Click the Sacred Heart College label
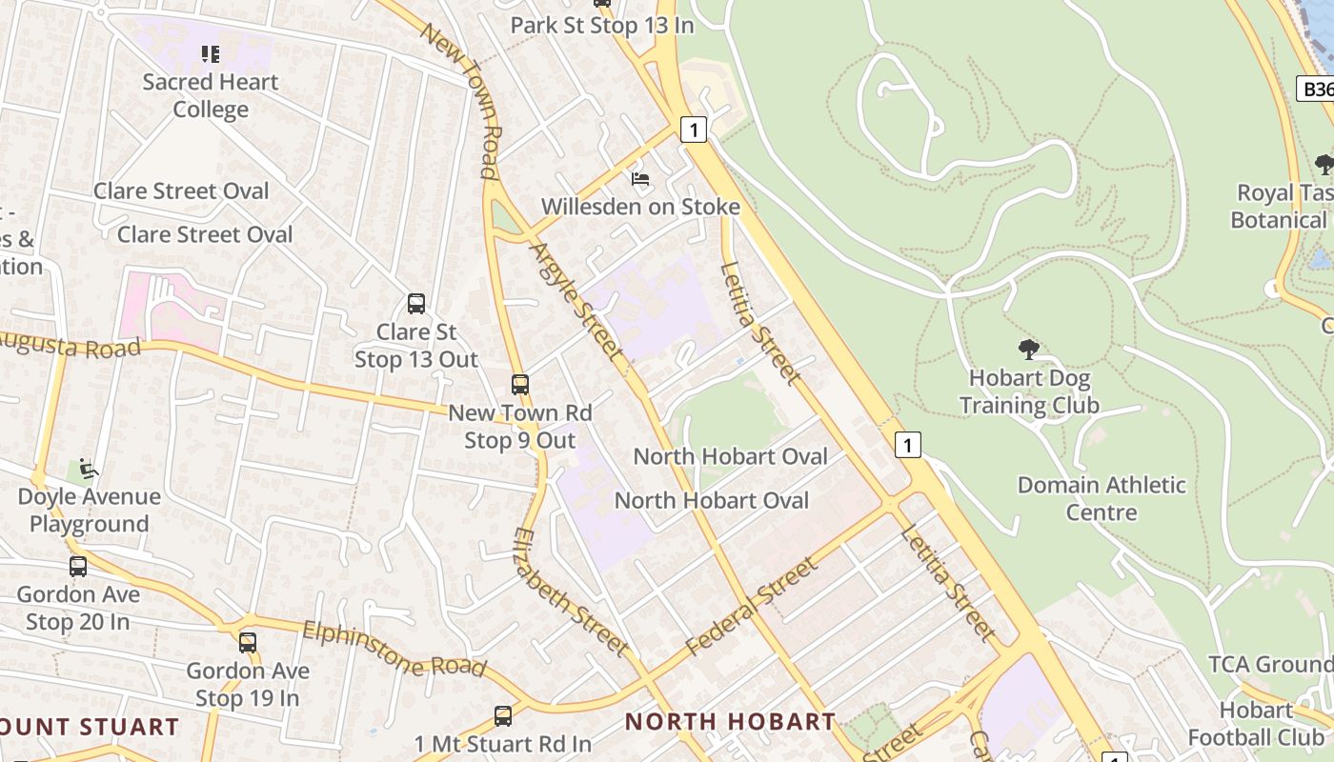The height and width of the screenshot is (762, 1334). click(211, 95)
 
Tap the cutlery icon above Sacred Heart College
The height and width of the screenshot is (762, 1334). click(211, 54)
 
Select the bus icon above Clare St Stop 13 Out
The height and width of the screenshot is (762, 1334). click(416, 304)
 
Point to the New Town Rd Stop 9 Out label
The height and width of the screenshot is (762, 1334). click(520, 427)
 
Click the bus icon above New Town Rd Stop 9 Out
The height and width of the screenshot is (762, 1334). click(520, 385)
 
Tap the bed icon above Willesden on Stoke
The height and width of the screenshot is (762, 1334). click(640, 179)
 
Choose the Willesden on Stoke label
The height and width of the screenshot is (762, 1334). click(640, 207)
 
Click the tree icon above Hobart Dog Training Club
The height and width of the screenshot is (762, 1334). click(1029, 350)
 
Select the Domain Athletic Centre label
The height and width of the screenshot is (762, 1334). click(1102, 498)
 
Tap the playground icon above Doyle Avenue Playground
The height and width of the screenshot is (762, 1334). click(89, 469)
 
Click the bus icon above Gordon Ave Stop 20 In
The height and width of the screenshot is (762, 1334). click(78, 567)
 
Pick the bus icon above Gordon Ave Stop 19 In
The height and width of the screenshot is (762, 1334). click(248, 643)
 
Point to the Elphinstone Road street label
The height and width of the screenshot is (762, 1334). click(394, 649)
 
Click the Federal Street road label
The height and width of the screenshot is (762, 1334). click(752, 607)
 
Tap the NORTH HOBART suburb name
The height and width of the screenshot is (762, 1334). click(730, 722)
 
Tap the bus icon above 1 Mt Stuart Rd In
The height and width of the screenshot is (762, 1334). click(503, 716)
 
